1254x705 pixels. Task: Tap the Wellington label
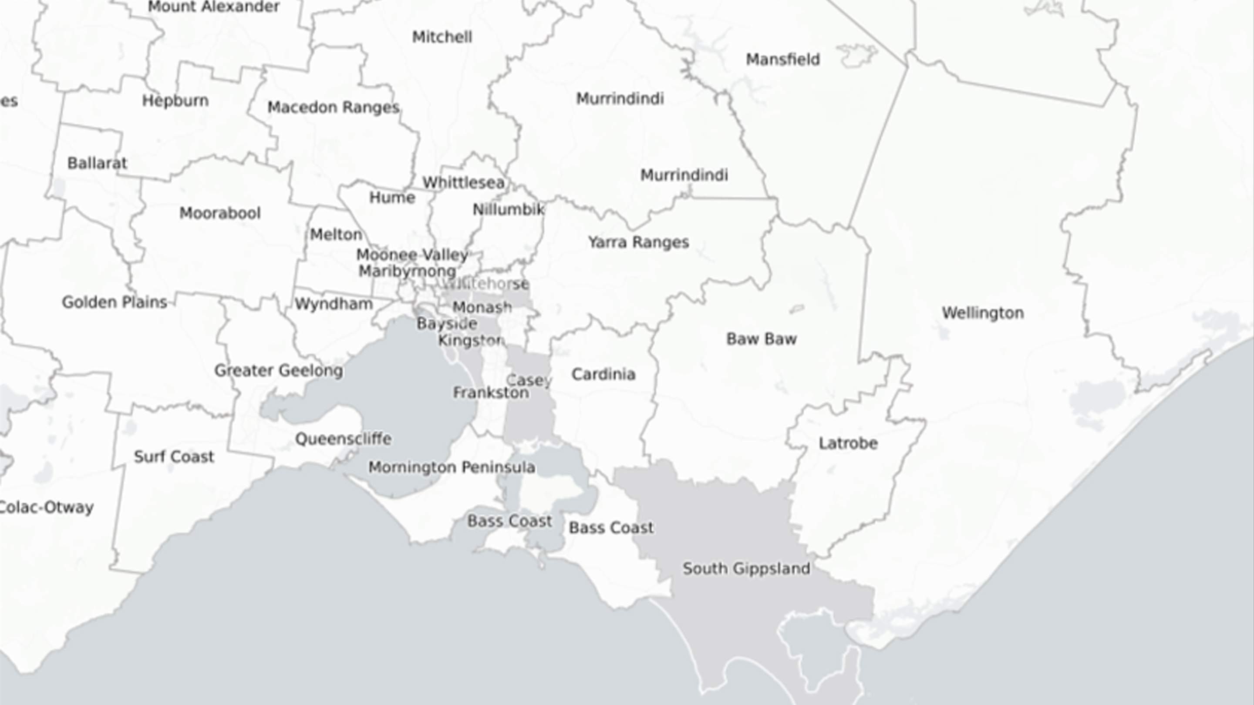982,313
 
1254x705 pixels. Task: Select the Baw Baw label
762,339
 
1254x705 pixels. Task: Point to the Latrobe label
848,443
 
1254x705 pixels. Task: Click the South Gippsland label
746,568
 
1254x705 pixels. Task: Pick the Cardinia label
603,374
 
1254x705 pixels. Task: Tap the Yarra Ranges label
638,242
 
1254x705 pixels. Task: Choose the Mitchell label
442,37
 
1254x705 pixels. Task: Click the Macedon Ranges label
334,107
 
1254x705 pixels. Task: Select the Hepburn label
175,101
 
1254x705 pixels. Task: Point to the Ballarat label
97,163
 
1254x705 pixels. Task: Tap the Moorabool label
220,213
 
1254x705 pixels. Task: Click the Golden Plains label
115,302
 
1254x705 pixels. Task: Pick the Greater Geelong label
279,371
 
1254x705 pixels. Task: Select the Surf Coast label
174,457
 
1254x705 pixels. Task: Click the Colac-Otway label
46,507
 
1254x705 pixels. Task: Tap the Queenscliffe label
343,439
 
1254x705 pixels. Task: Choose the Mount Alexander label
213,7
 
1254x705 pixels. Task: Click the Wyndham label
334,304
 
